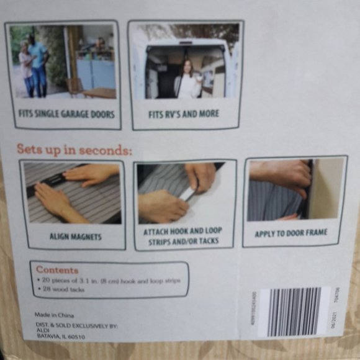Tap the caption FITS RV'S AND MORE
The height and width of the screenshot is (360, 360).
point(183,114)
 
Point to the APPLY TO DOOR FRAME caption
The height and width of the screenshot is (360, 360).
point(290,233)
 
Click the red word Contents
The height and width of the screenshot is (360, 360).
point(57,270)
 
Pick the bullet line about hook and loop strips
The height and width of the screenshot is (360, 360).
point(109,281)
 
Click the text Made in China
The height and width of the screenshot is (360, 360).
point(53,315)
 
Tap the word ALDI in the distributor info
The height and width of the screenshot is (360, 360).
point(43,330)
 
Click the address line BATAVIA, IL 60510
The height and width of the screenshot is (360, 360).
point(60,336)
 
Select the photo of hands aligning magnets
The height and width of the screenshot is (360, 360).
point(72,193)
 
